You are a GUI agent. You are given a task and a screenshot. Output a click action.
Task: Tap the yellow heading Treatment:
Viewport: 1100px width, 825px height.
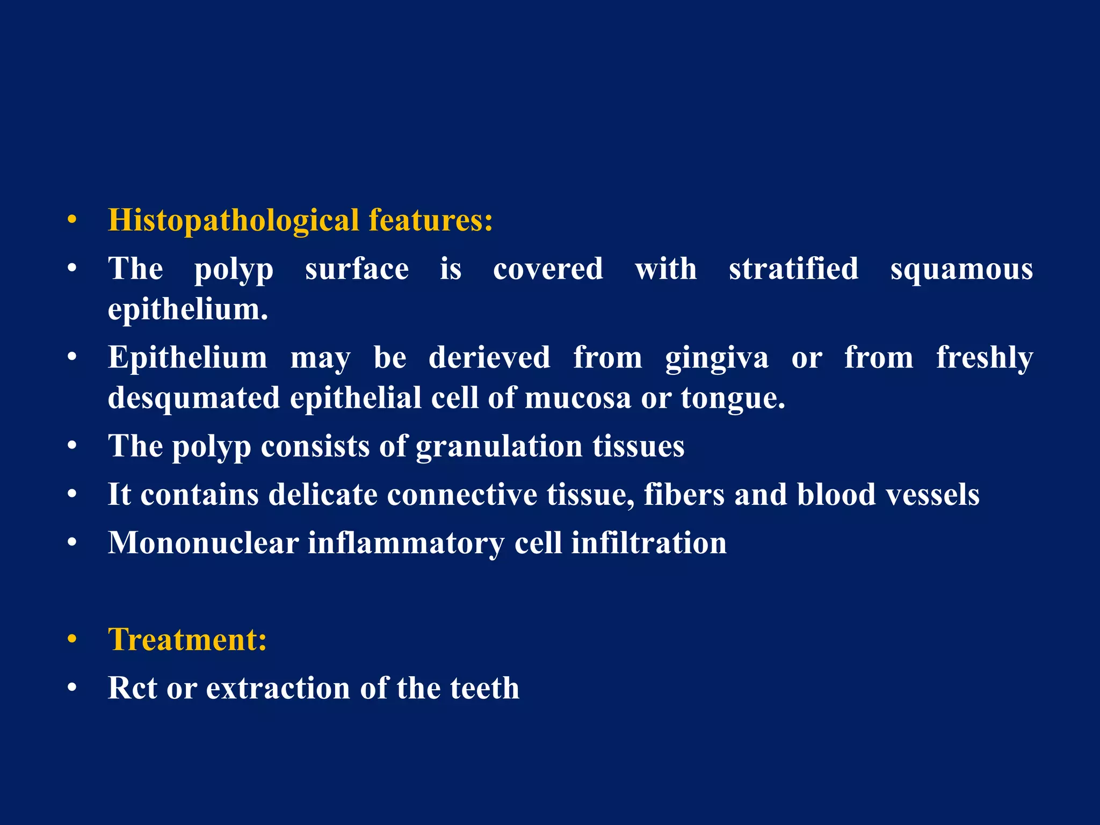tap(187, 640)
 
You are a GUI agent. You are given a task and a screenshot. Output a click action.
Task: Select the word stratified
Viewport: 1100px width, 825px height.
tap(793, 269)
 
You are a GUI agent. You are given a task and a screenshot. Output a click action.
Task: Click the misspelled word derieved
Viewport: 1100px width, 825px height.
tap(489, 357)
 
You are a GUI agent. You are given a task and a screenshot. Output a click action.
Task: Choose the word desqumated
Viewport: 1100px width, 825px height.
tap(194, 398)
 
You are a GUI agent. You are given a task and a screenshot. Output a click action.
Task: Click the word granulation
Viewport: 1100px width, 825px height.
tap(499, 446)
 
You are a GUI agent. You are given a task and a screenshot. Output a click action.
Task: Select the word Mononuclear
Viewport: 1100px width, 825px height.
tap(203, 542)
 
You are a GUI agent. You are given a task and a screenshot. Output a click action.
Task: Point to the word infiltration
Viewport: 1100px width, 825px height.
tap(648, 542)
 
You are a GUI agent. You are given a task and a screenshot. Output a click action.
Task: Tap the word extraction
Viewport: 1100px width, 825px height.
tap(278, 688)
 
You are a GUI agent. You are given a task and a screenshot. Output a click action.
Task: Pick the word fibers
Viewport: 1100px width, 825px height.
tap(684, 494)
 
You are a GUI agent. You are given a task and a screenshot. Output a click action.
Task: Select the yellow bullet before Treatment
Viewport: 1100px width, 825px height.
tap(73, 640)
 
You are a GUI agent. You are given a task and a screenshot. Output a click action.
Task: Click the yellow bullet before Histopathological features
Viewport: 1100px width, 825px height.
tap(73, 221)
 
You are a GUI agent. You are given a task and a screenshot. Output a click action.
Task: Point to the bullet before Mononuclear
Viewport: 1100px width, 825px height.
tap(73, 542)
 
